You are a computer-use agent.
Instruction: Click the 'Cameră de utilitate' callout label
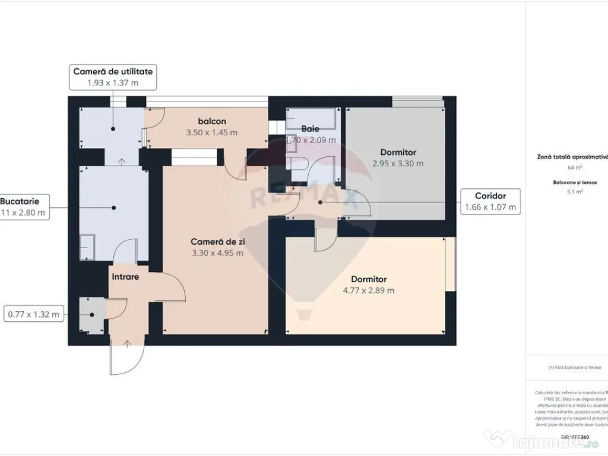coord(113,71)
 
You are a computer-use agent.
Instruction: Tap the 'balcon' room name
coord(212,121)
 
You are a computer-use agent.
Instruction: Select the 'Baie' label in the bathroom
coord(310,128)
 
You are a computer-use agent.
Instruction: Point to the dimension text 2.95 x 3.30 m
coord(398,163)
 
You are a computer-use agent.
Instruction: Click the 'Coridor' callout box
coord(490,195)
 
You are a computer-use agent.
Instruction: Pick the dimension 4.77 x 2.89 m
coord(368,290)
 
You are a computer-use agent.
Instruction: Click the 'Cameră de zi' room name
coord(217,242)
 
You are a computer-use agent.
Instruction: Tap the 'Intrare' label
coord(125,276)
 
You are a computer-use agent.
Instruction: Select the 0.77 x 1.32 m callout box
coord(34,315)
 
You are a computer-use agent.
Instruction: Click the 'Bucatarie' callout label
coord(24,201)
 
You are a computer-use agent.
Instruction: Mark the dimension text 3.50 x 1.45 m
coord(212,132)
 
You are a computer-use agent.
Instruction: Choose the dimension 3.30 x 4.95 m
coord(217,253)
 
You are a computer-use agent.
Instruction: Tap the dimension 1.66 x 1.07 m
coord(490,207)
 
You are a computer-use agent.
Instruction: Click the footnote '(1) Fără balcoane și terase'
coord(575,368)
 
